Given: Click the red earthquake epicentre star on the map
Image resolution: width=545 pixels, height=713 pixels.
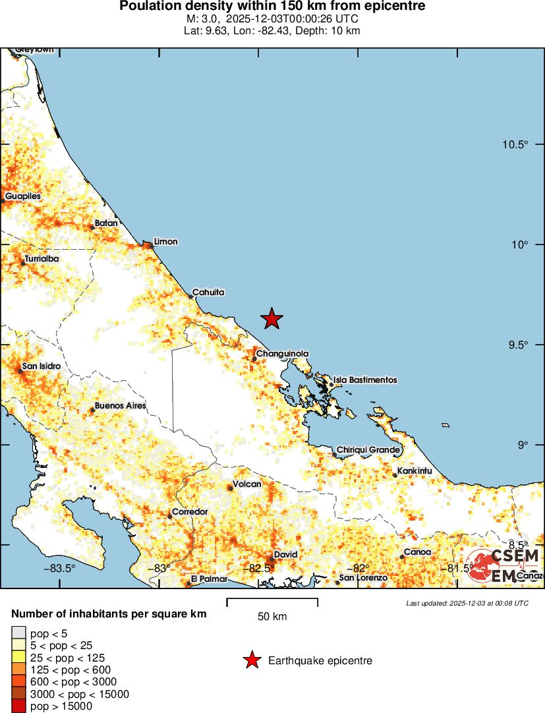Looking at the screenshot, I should pos(272,319).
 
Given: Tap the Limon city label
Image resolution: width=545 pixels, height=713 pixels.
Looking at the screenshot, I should pos(165,241).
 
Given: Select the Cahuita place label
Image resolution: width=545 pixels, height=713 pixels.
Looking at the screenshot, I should pos(208,292).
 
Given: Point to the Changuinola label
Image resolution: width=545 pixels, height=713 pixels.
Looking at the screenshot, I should pos(282,354).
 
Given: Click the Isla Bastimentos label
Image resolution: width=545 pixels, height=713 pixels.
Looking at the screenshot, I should pos(365,380).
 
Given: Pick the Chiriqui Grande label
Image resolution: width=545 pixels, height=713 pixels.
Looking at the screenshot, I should pos(368,450).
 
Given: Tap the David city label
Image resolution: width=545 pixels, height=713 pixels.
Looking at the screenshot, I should pos(285,555).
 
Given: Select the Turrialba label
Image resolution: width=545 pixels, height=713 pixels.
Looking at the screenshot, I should pos(42,259).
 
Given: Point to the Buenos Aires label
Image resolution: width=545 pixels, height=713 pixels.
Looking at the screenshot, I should pos(120,406).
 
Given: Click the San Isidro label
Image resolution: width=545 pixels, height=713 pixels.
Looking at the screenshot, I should pos(42,366).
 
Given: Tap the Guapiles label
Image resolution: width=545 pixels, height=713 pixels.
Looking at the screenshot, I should pos(23,196).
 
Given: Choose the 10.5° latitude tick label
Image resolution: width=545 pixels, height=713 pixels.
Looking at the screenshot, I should pos(515,145).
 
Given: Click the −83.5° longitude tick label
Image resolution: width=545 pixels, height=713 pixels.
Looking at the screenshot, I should pos(60,568).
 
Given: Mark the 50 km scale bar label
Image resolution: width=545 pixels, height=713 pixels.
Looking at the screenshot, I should pos(272,617).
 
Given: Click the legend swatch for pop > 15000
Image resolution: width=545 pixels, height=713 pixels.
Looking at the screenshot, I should pos(19,706).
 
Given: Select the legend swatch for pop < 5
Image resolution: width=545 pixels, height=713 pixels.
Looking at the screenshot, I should pos(19,633).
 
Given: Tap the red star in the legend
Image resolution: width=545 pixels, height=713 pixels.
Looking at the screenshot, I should pos(251,660).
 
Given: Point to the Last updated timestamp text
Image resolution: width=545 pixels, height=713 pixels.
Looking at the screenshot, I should pos(467,603).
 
